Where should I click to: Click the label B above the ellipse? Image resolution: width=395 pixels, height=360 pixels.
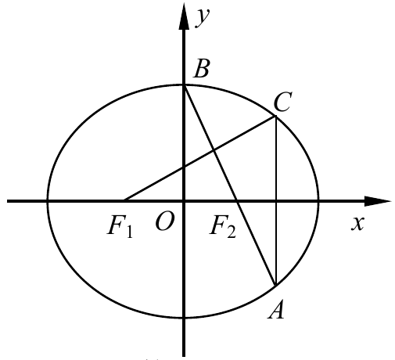click(x=201, y=69)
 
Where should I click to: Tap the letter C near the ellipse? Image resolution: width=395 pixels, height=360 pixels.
click(x=283, y=102)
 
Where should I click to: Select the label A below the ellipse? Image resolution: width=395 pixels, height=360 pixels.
click(x=276, y=309)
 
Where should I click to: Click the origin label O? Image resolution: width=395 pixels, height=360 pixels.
click(x=164, y=221)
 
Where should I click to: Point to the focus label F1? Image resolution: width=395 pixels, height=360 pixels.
click(x=120, y=226)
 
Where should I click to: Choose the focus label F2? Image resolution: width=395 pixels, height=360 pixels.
click(x=223, y=226)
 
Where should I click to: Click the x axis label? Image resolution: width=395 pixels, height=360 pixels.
click(x=357, y=223)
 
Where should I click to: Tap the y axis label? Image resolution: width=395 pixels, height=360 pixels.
click(x=203, y=18)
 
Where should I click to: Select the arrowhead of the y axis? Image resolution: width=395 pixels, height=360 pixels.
click(x=184, y=16)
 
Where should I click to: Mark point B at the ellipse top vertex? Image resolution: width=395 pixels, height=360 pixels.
click(x=184, y=85)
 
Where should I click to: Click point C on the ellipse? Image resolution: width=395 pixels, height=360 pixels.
click(x=275, y=116)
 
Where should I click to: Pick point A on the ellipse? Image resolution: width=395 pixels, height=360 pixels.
click(x=275, y=286)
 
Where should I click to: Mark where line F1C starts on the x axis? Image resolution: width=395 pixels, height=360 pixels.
click(x=124, y=200)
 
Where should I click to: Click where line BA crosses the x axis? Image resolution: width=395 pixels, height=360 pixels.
click(x=237, y=201)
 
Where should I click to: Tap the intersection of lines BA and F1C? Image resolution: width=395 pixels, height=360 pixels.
click(x=214, y=150)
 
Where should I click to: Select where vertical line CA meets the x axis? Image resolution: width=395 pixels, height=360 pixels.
click(x=276, y=201)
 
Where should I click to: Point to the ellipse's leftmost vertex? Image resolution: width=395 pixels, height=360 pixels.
click(x=48, y=201)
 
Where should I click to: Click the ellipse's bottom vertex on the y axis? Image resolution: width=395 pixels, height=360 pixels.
click(x=184, y=318)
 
